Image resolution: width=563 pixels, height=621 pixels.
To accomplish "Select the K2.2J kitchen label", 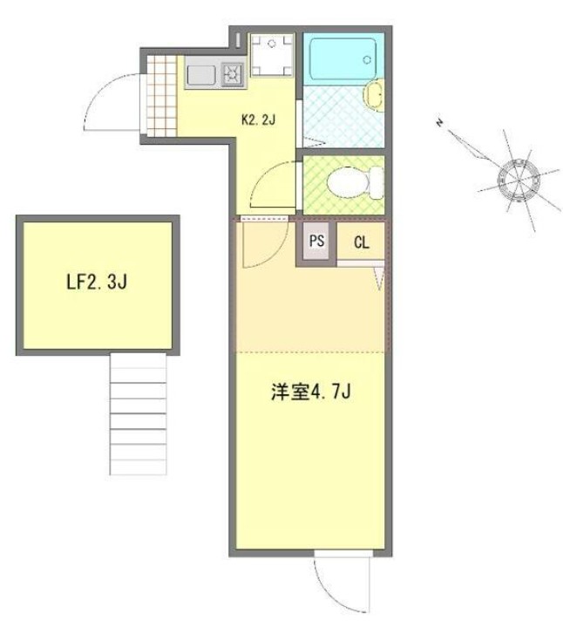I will click(x=258, y=120).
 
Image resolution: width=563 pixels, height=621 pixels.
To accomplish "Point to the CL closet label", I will click(x=361, y=243).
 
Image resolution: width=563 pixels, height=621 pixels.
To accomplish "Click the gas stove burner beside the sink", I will click(x=233, y=74).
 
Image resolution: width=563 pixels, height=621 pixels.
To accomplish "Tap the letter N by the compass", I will click(x=443, y=124).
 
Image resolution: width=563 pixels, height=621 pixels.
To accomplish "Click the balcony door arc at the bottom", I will click(x=336, y=584).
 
